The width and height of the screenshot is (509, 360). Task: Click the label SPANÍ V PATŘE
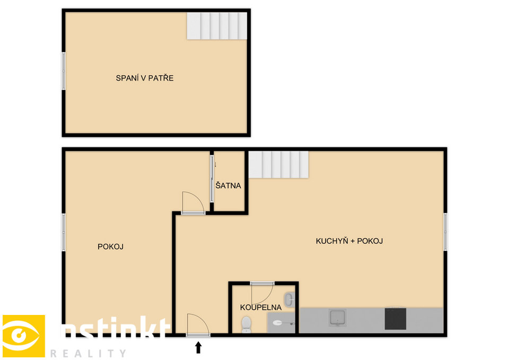coord(144,78)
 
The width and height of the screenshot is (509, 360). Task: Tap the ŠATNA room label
coord(228,186)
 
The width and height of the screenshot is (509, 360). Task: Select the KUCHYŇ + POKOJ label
coord(349,241)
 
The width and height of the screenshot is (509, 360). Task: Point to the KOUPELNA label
coord(261,308)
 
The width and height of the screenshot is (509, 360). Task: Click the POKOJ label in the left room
coord(110,247)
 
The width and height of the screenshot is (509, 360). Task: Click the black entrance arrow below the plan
coord(198,347)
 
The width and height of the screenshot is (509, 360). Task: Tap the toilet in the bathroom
coord(247,324)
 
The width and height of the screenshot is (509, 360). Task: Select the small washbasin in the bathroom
coord(289,300)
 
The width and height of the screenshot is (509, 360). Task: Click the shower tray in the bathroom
coord(281,320)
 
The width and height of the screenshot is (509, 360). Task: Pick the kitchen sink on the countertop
coord(338,318)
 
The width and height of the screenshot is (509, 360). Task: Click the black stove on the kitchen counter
coord(396,319)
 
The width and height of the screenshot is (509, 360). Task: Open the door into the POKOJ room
coord(193,203)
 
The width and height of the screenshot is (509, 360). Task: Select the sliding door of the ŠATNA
coord(212,179)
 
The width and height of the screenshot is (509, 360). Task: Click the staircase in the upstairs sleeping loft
coord(217,26)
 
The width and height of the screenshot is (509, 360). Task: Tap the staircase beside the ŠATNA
coord(278,164)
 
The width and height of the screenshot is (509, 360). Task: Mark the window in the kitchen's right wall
coord(445,232)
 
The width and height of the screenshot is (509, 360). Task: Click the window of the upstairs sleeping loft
coord(64,71)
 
